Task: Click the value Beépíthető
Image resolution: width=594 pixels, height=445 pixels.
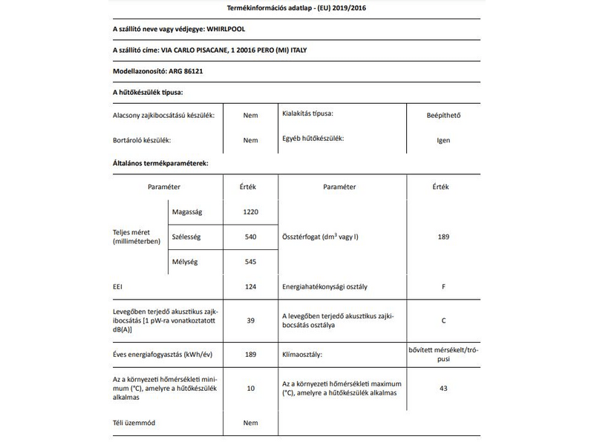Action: coord(443,115)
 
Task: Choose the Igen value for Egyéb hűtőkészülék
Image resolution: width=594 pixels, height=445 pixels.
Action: coord(443,140)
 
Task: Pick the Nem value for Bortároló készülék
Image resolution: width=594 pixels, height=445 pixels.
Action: coord(250,140)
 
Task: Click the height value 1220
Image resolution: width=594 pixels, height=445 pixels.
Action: coord(250,212)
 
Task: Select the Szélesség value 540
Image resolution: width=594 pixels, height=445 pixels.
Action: coord(250,237)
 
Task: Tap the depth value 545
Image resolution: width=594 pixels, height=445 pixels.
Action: coord(250,262)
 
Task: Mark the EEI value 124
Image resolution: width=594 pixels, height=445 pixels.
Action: coord(250,286)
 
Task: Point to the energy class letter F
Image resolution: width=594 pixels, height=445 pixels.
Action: coord(443,286)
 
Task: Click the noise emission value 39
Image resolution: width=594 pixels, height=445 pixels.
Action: coord(250,320)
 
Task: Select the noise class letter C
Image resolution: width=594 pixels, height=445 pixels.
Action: coord(443,320)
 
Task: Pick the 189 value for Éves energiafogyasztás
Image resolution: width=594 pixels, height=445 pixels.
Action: coord(250,355)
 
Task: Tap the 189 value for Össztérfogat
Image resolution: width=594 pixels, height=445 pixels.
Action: coord(443,237)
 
